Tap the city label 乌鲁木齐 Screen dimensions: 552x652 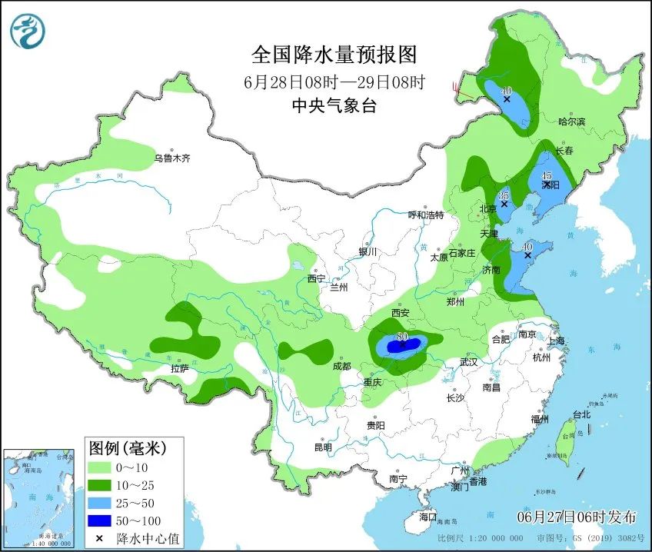point(171,158)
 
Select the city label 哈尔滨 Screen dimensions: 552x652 point(571,121)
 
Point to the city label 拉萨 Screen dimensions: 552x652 point(179,368)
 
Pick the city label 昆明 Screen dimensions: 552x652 point(323,447)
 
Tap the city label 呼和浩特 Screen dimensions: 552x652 point(426,215)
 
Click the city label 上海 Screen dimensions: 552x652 point(556,341)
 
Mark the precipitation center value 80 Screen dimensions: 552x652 point(401,337)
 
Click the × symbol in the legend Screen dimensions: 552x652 point(100,538)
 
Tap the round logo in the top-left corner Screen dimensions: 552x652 point(28,31)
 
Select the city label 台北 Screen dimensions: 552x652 point(581,414)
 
